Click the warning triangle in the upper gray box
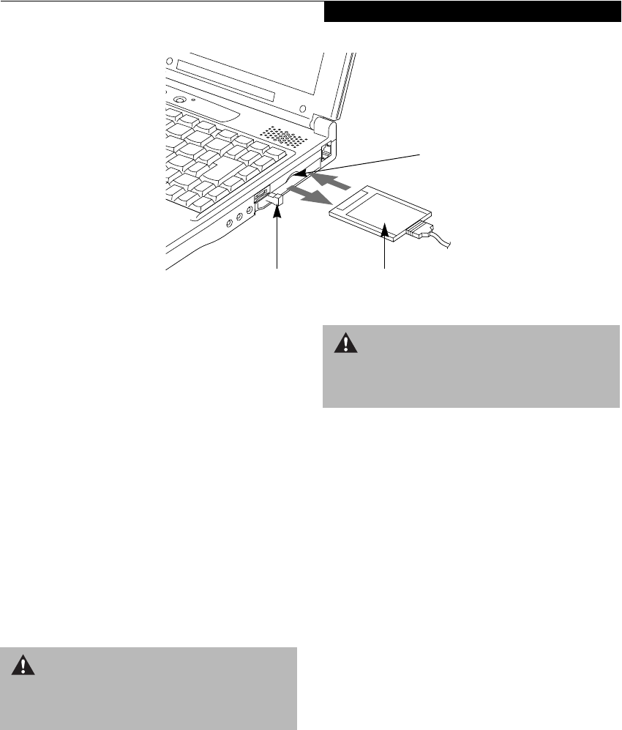pyautogui.click(x=344, y=345)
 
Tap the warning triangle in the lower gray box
pyautogui.click(x=24, y=665)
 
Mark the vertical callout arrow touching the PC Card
pyautogui.click(x=385, y=249)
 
